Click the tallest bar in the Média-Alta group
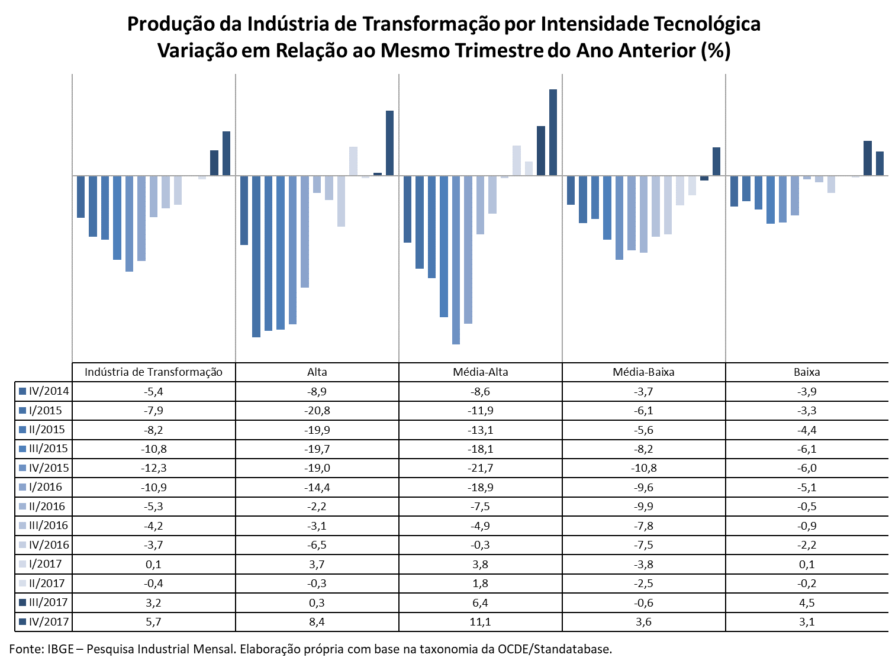553,132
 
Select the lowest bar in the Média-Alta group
456,260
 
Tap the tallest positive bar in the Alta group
389,143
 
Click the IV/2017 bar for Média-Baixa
716,161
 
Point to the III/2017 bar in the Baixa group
868,158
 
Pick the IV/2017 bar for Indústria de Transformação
227,153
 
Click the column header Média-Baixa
643,372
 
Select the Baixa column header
807,372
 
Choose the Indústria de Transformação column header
153,372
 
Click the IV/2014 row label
49,391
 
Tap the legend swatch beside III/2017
22,602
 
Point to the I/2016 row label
46,486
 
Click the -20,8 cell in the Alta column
317,411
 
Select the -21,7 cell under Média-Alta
481,468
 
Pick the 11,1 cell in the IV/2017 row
481,622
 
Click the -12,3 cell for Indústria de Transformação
153,468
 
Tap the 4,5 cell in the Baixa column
807,602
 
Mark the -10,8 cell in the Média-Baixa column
643,468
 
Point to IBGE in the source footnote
61,649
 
